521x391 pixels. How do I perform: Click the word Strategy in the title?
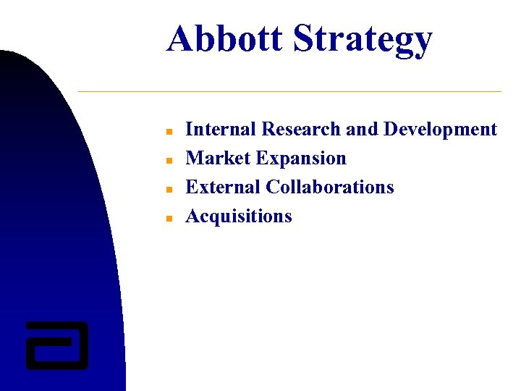pyautogui.click(x=362, y=41)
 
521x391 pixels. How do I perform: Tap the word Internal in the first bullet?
pyautogui.click(x=221, y=130)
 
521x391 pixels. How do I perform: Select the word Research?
pyautogui.click(x=301, y=130)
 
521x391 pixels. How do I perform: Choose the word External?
pyautogui.click(x=223, y=188)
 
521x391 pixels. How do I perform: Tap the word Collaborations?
pyautogui.click(x=330, y=188)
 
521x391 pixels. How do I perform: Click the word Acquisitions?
pyautogui.click(x=239, y=216)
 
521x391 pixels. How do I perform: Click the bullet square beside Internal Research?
pyautogui.click(x=166, y=133)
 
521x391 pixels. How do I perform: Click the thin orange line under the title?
pyautogui.click(x=289, y=92)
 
